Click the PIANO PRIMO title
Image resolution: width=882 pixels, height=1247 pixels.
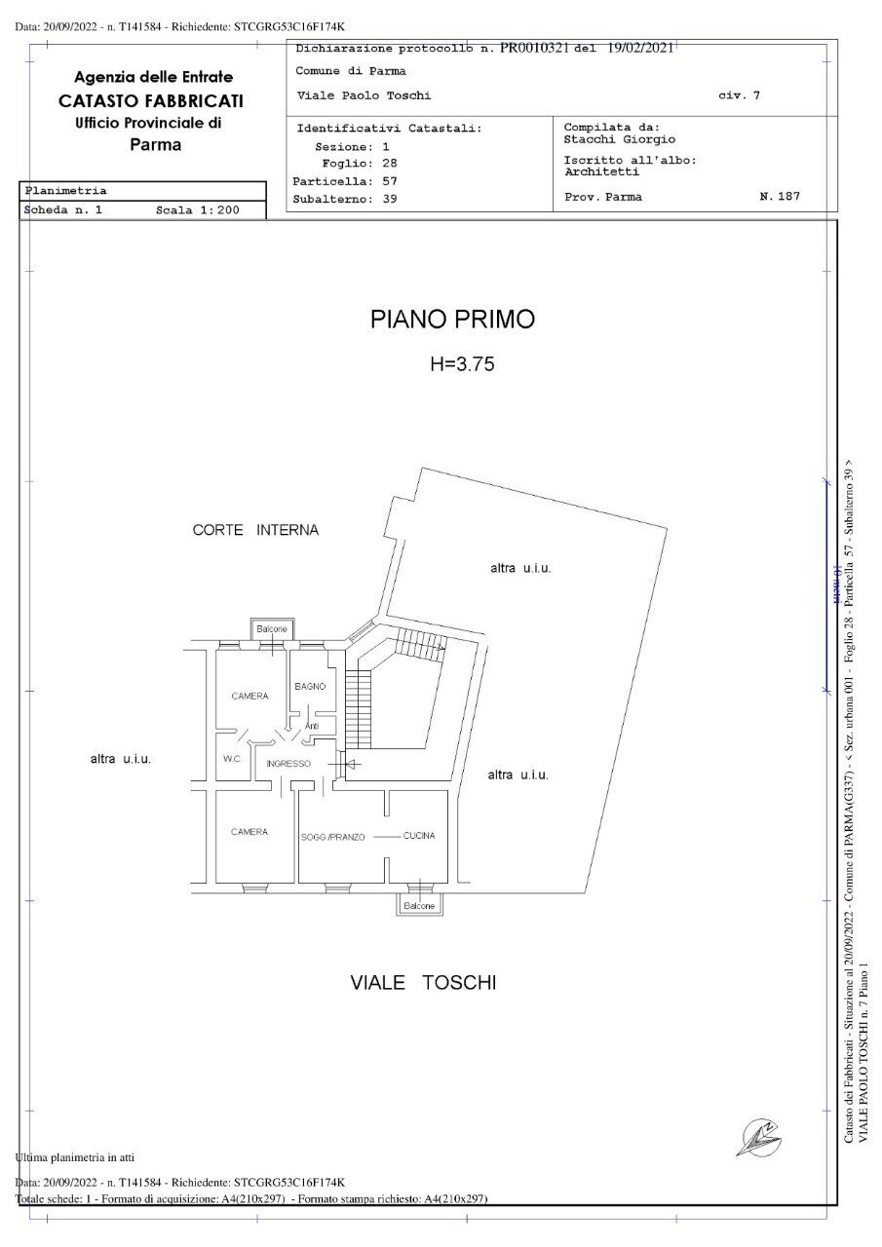click(x=452, y=319)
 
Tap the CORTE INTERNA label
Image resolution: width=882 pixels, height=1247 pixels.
click(x=255, y=530)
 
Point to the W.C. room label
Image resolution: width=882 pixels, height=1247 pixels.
click(x=232, y=759)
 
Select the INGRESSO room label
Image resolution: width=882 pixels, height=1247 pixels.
click(x=288, y=764)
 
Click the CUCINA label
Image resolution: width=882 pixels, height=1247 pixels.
click(x=419, y=836)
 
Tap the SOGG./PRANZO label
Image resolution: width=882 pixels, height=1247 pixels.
click(x=333, y=837)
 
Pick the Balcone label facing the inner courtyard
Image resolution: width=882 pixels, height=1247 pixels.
click(x=272, y=629)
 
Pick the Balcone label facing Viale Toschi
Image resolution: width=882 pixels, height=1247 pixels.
click(x=419, y=905)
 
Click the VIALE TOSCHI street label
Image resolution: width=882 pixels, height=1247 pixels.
click(x=423, y=982)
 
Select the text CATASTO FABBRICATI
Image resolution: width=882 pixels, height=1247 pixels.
click(x=151, y=100)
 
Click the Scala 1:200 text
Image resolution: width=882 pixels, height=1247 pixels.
click(x=198, y=209)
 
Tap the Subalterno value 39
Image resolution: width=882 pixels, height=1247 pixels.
click(x=390, y=199)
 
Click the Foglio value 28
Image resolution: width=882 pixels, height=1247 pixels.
click(x=390, y=164)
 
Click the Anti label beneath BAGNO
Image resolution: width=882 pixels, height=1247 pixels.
click(x=312, y=726)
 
